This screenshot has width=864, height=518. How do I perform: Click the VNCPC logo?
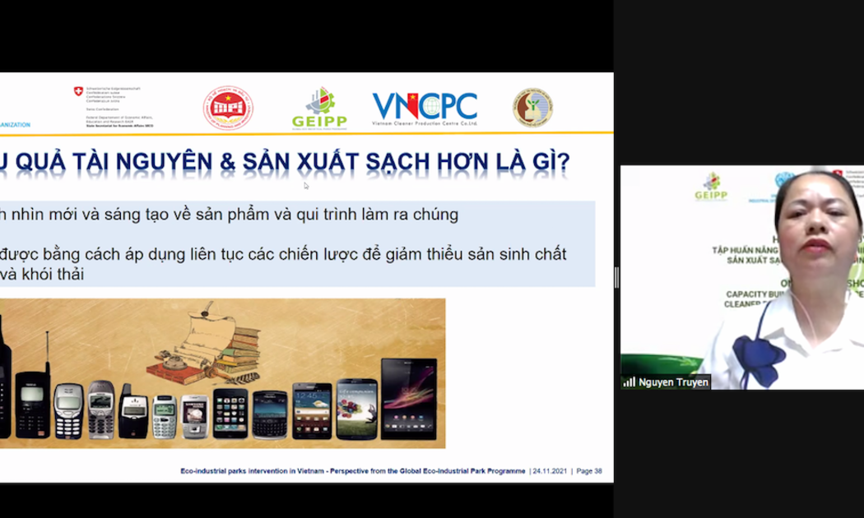coord(425,108)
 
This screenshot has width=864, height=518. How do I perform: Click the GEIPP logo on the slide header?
coord(319,108)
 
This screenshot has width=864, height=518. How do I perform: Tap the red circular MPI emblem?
coord(228,109)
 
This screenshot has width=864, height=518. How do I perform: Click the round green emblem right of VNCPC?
coord(532,108)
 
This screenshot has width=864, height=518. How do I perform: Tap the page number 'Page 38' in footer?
coord(589,471)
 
